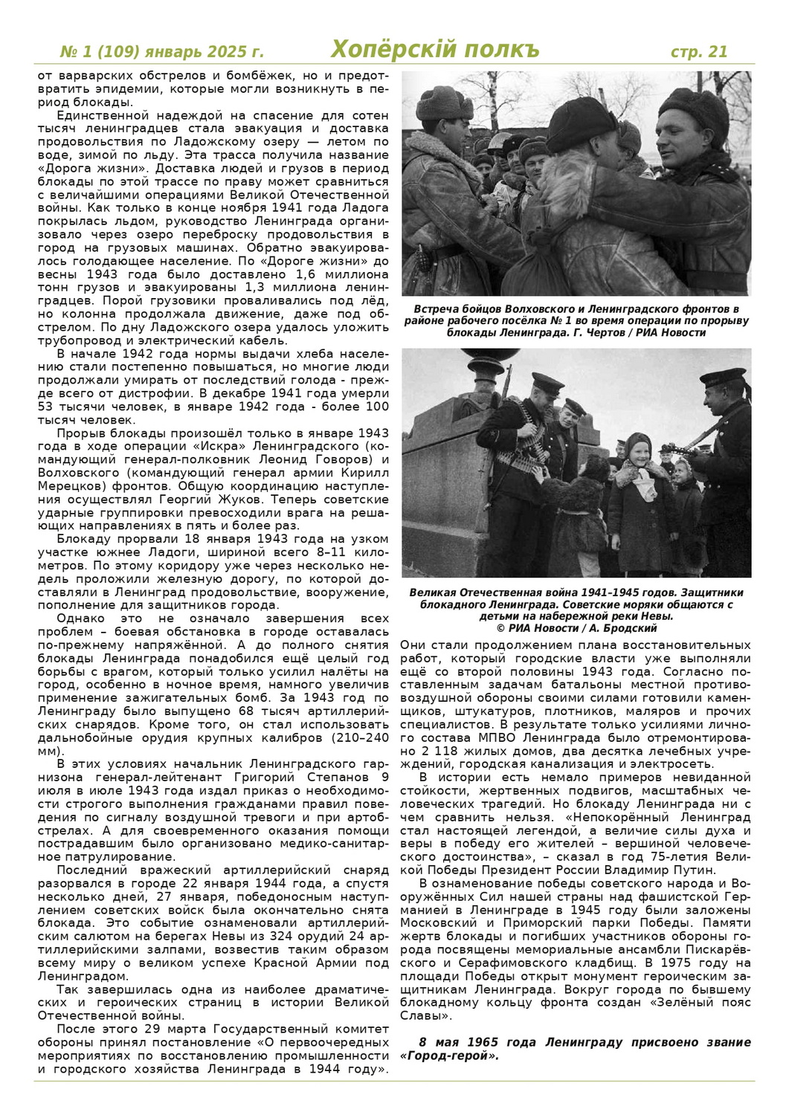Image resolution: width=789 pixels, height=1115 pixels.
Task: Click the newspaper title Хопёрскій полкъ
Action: [x=435, y=50]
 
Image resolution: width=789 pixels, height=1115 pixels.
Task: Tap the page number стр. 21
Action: [x=699, y=51]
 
